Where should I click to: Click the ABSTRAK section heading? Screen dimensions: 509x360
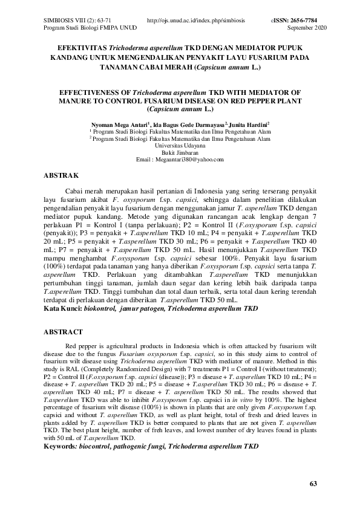(62, 176)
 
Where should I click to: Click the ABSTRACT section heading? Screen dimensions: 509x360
(64, 332)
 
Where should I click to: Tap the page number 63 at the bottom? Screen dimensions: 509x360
(313, 484)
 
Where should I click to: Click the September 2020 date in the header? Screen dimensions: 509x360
(307, 28)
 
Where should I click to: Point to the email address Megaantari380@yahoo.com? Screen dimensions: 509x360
(180, 160)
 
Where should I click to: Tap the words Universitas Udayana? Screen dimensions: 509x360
(180, 145)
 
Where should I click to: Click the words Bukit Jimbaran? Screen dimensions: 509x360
(180, 152)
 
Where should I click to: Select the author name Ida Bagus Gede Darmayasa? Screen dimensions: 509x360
(184, 123)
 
